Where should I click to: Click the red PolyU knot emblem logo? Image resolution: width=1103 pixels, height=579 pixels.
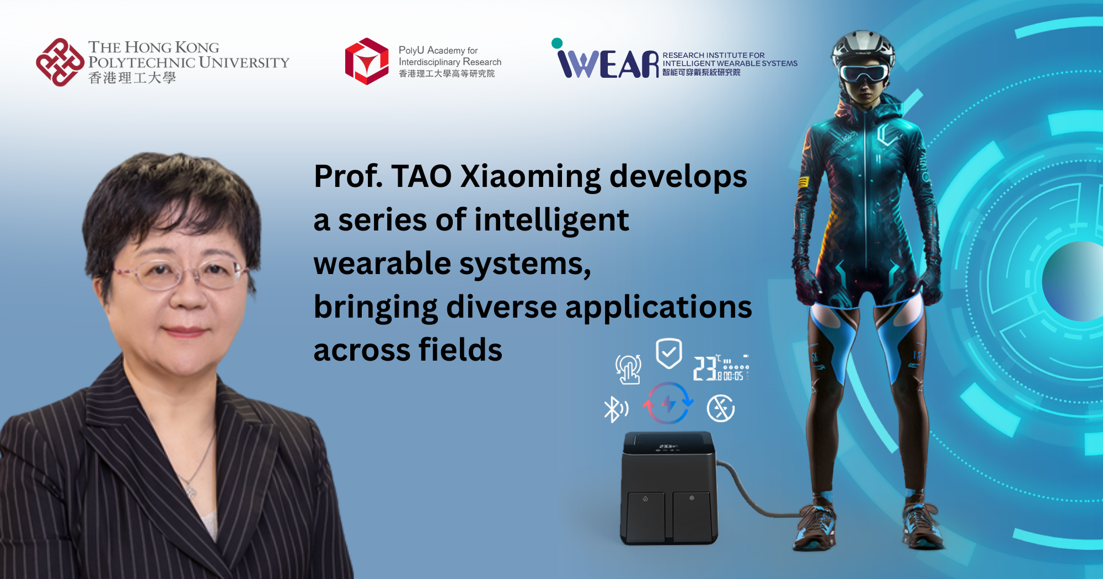coord(60,62)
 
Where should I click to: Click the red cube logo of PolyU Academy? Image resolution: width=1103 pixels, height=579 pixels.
coord(367,61)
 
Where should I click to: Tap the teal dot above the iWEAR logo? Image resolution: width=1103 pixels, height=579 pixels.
coord(557,43)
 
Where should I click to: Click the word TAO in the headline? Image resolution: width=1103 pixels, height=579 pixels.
coord(421,176)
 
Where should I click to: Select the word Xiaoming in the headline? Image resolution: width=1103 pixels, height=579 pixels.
coord(530,176)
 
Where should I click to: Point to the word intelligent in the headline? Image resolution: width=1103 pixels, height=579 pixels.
coord(551,220)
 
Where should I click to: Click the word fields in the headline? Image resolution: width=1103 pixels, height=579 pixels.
coord(460,350)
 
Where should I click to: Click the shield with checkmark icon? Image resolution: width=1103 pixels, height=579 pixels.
coord(668,353)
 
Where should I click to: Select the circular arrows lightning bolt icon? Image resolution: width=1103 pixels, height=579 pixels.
coord(668,404)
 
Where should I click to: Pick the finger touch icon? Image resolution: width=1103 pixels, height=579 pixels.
coord(629,368)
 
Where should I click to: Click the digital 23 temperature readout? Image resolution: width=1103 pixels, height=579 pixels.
coord(705,368)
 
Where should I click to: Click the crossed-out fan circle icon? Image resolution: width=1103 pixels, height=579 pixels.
coord(720,408)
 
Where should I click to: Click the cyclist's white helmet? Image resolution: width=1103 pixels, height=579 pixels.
coord(863,47)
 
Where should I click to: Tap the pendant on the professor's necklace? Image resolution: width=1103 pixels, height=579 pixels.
coord(190,490)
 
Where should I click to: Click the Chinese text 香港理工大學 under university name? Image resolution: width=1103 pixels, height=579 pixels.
coord(132,78)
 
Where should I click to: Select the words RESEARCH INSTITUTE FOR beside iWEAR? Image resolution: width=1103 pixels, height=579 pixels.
coord(713,55)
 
